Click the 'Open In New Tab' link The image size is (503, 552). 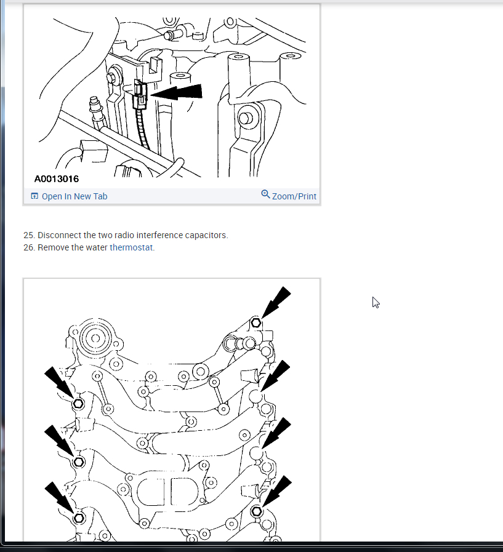pos(74,196)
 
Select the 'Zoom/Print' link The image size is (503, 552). pos(294,196)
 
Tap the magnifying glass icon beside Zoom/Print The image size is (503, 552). pos(265,194)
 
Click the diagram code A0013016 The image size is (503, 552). pos(57,179)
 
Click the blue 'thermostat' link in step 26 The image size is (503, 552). pos(131,247)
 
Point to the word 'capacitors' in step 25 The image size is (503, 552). pos(206,235)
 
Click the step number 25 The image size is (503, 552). pos(28,235)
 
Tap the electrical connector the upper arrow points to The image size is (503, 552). pos(140,94)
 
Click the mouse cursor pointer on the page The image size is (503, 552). pos(376,302)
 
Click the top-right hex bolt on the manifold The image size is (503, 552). pos(256,322)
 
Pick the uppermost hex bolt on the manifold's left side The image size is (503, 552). pos(78,404)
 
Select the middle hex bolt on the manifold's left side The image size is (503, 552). pos(79,462)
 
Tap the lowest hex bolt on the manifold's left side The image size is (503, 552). pos(79,518)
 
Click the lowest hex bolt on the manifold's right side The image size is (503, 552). pos(257,511)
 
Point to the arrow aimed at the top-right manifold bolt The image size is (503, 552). pos(276,302)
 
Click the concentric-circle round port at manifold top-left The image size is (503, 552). pos(95,338)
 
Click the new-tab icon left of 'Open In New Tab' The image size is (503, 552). pos(34,196)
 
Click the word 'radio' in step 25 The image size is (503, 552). pos(124,235)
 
